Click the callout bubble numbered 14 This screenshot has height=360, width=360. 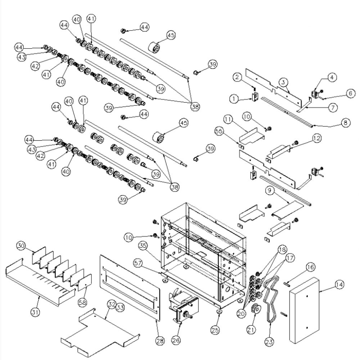(339, 285)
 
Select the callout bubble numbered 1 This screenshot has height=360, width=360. (234, 98)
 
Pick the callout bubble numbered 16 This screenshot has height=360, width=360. (310, 267)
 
